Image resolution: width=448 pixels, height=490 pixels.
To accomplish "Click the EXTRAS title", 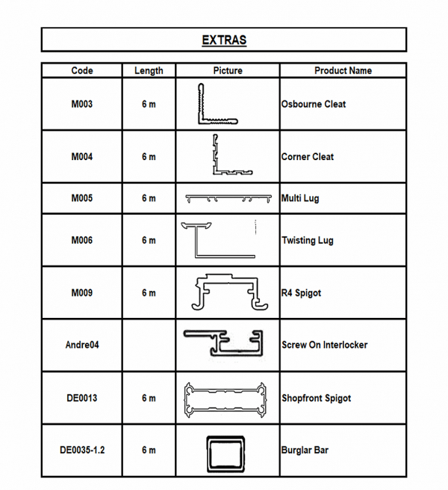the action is pyautogui.click(x=224, y=40).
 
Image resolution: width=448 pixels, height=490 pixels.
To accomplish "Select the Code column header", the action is pyautogui.click(x=82, y=70).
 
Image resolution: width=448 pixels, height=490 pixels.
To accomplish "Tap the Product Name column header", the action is pyautogui.click(x=343, y=70).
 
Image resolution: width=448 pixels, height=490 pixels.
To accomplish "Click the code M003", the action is pyautogui.click(x=82, y=104).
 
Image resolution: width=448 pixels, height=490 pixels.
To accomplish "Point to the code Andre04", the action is pyautogui.click(x=82, y=345).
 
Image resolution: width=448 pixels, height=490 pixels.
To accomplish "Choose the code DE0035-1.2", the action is pyautogui.click(x=82, y=450).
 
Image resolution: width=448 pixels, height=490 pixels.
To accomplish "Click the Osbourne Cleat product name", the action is pyautogui.click(x=314, y=104).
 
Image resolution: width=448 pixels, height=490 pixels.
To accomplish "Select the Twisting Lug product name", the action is pyautogui.click(x=308, y=240).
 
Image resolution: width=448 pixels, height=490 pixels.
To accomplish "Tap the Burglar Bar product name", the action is pyautogui.click(x=305, y=450).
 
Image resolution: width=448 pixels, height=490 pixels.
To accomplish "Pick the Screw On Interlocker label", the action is pyautogui.click(x=325, y=345).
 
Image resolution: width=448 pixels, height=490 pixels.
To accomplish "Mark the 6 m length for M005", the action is pyautogui.click(x=149, y=198).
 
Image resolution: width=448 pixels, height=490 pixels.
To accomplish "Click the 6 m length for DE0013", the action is pyautogui.click(x=149, y=398).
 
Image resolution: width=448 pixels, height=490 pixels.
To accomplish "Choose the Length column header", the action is pyautogui.click(x=149, y=70).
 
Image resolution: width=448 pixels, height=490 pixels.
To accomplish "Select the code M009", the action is pyautogui.click(x=82, y=293).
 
